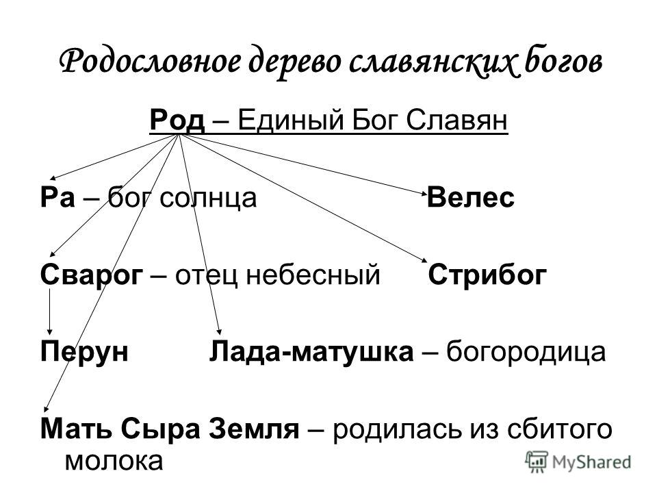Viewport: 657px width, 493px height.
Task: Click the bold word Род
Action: pyautogui.click(x=177, y=121)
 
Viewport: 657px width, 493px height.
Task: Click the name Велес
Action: pyautogui.click(x=471, y=197)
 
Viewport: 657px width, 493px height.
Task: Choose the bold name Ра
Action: pyautogui.click(x=57, y=198)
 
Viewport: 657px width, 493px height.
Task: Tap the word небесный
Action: pyautogui.click(x=313, y=275)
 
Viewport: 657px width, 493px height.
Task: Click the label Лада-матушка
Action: pyautogui.click(x=311, y=352)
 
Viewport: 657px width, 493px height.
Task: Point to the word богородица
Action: pyautogui.click(x=526, y=352)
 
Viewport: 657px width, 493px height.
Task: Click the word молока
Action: pyautogui.click(x=114, y=461)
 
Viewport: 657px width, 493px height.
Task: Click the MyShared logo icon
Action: pyautogui.click(x=537, y=462)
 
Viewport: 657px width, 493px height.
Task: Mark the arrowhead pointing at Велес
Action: pyautogui.click(x=424, y=193)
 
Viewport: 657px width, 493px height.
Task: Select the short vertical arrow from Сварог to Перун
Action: pyautogui.click(x=50, y=312)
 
